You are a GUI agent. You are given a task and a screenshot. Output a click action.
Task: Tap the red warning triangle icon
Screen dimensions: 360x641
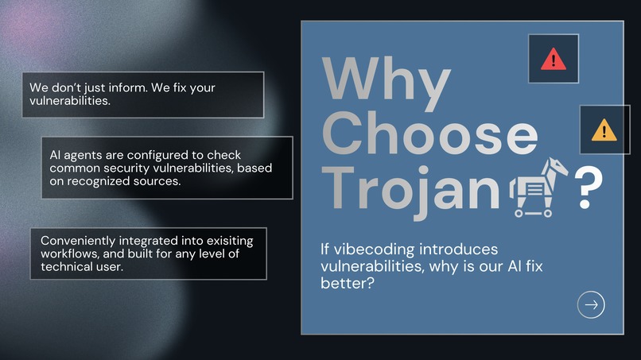click(553, 59)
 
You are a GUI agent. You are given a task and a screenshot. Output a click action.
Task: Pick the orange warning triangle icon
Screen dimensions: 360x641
click(604, 129)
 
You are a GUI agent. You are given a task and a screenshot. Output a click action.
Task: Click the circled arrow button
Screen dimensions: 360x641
click(591, 304)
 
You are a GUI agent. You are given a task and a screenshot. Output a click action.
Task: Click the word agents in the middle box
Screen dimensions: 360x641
click(83, 154)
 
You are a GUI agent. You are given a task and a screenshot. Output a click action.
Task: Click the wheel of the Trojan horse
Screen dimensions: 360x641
click(520, 212)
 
